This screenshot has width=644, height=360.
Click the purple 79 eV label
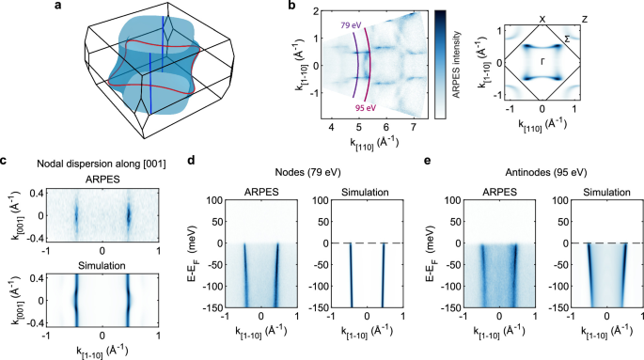(351, 25)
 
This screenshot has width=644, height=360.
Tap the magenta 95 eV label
(366, 108)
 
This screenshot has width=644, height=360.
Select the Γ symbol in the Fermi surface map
(542, 62)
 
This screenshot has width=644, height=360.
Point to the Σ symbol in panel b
(567, 39)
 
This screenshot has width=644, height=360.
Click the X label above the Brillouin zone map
(542, 19)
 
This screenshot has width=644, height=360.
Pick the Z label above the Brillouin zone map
(585, 19)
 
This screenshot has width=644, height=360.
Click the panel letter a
(58, 6)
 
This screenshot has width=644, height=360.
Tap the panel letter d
(191, 160)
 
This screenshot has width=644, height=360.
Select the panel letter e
(427, 161)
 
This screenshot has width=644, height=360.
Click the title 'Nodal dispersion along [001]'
(102, 164)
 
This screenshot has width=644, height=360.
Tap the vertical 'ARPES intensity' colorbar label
(456, 65)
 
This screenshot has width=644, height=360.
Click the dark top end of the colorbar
(440, 12)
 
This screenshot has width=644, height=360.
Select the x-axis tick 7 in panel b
(413, 127)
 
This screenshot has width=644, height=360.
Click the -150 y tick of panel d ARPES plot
(214, 308)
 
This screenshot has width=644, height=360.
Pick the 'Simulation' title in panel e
(606, 193)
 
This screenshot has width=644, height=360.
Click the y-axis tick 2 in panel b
(316, 11)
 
